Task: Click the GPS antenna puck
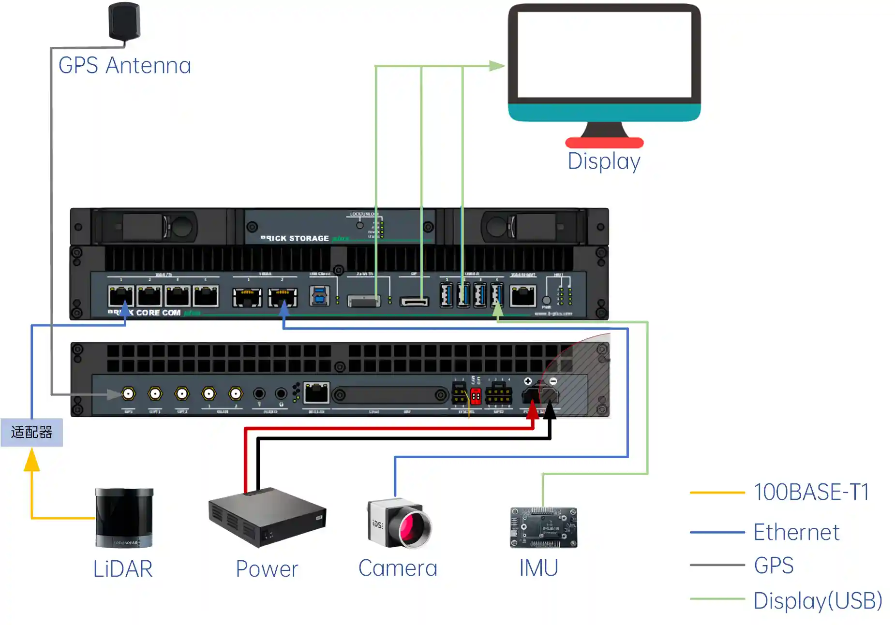[x=124, y=21]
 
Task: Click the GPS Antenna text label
[x=125, y=66]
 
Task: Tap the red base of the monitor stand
[x=604, y=143]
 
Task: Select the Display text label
[x=604, y=161]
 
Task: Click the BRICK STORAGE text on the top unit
[x=295, y=238]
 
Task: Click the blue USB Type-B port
[x=319, y=296]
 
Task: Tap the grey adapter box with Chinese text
[x=31, y=432]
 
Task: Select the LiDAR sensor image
[x=124, y=518]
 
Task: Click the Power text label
[x=267, y=569]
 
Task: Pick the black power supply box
[x=267, y=517]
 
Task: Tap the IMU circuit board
[x=543, y=527]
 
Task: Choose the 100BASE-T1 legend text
[x=811, y=492]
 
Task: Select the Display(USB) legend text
[x=818, y=601]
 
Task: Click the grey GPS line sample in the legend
[x=717, y=565]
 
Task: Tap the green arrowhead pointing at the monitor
[x=496, y=66]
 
